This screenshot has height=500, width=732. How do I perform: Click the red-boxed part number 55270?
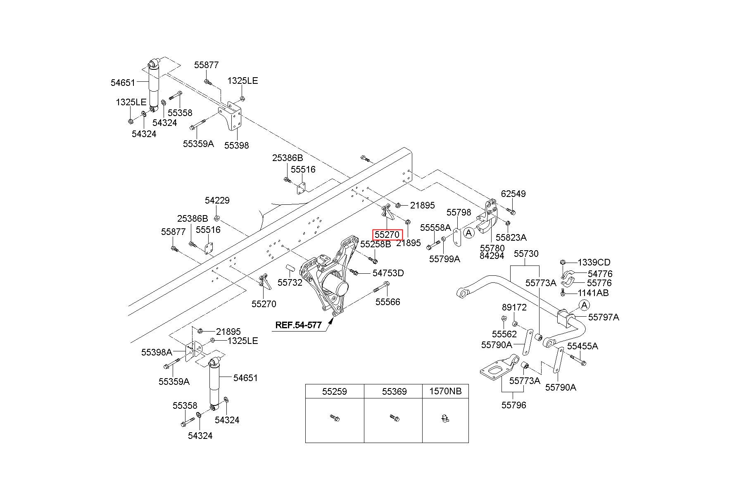point(387,235)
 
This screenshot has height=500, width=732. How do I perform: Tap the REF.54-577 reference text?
point(298,325)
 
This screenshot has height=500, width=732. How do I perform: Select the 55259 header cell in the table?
point(335,391)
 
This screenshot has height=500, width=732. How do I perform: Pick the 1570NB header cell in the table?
point(445,391)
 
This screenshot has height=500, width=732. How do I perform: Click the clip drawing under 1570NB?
point(445,419)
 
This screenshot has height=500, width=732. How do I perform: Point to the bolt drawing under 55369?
point(394,418)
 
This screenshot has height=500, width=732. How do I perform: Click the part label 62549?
point(513,194)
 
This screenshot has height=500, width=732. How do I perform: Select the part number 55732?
point(290,282)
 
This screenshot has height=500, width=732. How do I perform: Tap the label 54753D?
point(388,273)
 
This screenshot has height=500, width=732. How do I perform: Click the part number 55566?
point(387,302)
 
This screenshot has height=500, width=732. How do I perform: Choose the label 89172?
point(514,307)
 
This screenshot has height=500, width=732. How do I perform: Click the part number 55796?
point(514,405)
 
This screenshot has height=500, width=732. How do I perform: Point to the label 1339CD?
point(594,262)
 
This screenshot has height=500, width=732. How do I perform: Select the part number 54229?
point(217,200)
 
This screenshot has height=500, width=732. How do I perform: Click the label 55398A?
point(157,352)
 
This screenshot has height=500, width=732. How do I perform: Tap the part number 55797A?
point(604,317)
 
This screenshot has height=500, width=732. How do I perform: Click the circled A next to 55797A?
point(584,305)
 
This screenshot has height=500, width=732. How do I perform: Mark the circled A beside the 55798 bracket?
point(468,233)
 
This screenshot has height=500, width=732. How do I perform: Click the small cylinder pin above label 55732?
point(292,268)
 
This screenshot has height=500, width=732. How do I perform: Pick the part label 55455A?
point(582,346)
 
